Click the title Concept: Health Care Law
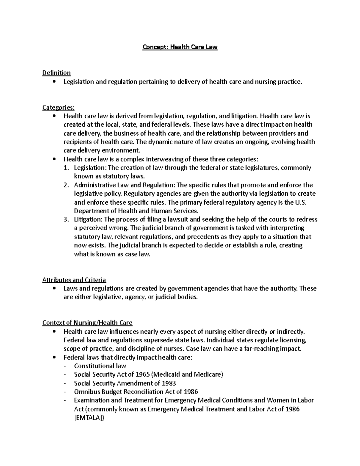pyautogui.click(x=180, y=47)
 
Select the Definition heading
pyautogui.click(x=56, y=73)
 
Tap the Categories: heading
pyautogui.click(x=58, y=107)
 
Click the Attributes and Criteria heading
pyautogui.click(x=74, y=280)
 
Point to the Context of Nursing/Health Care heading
pyautogui.click(x=87, y=323)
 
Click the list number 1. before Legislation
pyautogui.click(x=66, y=168)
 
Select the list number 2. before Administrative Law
pyautogui.click(x=66, y=185)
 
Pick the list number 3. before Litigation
pyautogui.click(x=66, y=220)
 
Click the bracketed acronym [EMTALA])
pyautogui.click(x=89, y=418)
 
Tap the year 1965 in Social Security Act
pyautogui.click(x=143, y=374)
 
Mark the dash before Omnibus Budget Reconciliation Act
pyautogui.click(x=66, y=392)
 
